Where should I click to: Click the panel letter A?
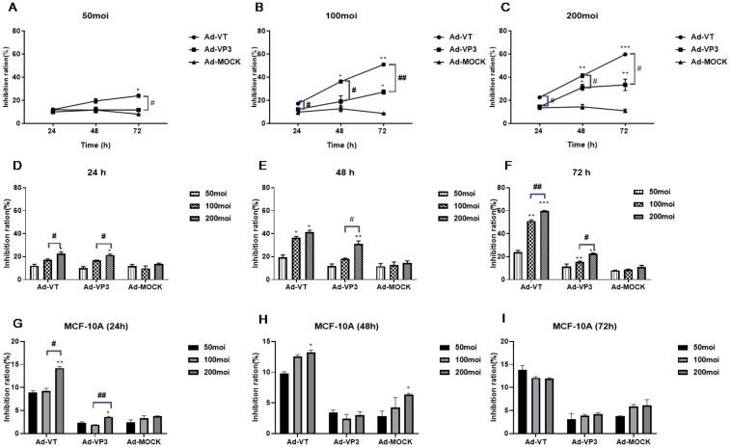pyautogui.click(x=7, y=8)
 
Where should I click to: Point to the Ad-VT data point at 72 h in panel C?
pyautogui.click(x=625, y=54)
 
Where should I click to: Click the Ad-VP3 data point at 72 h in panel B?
pyautogui.click(x=384, y=92)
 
